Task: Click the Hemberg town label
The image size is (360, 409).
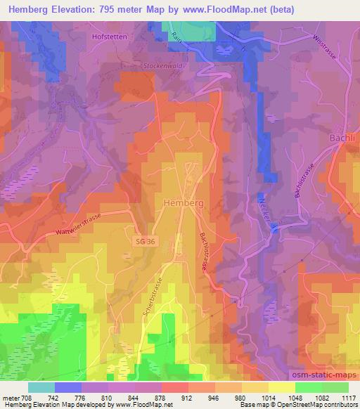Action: [x=184, y=202]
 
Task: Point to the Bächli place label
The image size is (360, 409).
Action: [x=342, y=138]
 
